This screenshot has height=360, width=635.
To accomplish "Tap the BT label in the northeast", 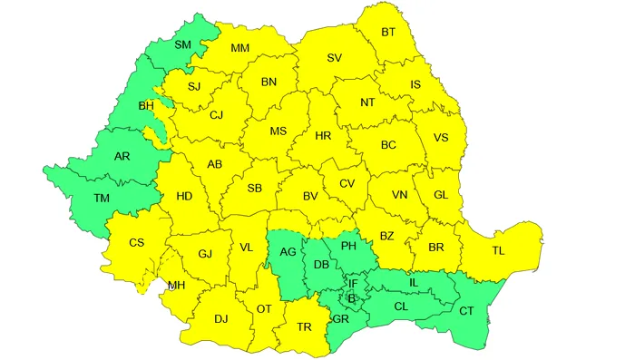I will click(388, 34).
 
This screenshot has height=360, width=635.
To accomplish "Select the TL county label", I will click(498, 250).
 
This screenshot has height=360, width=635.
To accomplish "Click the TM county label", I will click(103, 198).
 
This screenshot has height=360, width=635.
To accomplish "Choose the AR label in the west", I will click(122, 156).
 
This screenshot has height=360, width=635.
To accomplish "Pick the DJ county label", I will click(220, 318).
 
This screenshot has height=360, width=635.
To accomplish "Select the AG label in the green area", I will click(288, 251).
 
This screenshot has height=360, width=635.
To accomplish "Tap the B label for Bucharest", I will click(354, 298).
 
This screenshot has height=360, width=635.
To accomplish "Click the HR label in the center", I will click(322, 135).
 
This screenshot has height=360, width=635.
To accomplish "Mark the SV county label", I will click(334, 59).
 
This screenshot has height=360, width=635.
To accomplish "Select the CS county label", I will click(136, 242).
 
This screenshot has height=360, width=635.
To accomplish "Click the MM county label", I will click(239, 49).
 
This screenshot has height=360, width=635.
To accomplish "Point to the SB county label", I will click(255, 189).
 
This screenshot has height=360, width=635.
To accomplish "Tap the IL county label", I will click(414, 284).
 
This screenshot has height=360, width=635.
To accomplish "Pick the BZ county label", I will click(386, 237).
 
